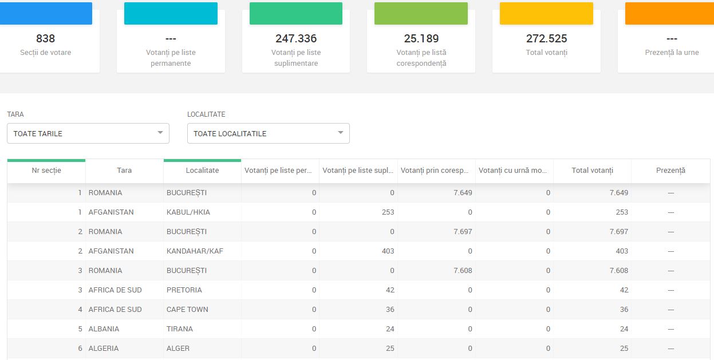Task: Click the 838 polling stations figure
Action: pyautogui.click(x=45, y=38)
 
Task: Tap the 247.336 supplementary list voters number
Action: pyautogui.click(x=296, y=38)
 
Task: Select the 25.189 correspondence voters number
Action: pyautogui.click(x=421, y=38)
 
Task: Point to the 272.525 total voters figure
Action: pyautogui.click(x=546, y=38)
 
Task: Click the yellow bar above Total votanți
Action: pyautogui.click(x=546, y=13)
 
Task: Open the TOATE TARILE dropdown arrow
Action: pyautogui.click(x=160, y=133)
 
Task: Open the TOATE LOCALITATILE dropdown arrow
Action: pyautogui.click(x=341, y=133)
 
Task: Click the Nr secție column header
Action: pyautogui.click(x=46, y=171)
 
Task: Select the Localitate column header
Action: pyautogui.click(x=202, y=171)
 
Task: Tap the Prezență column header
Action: pyautogui.click(x=670, y=171)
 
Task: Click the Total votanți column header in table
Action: pyautogui.click(x=592, y=171)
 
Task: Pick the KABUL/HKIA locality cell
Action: pyautogui.click(x=188, y=212)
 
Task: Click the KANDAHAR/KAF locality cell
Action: pyautogui.click(x=195, y=251)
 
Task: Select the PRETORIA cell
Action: pyautogui.click(x=184, y=290)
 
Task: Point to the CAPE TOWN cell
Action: pyautogui.click(x=187, y=309)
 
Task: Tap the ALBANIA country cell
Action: pyautogui.click(x=104, y=329)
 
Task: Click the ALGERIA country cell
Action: pyautogui.click(x=103, y=348)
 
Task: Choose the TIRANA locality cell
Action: pyautogui.click(x=179, y=329)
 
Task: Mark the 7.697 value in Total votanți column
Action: pyautogui.click(x=619, y=232)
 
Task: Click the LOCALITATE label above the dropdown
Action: pyautogui.click(x=206, y=114)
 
